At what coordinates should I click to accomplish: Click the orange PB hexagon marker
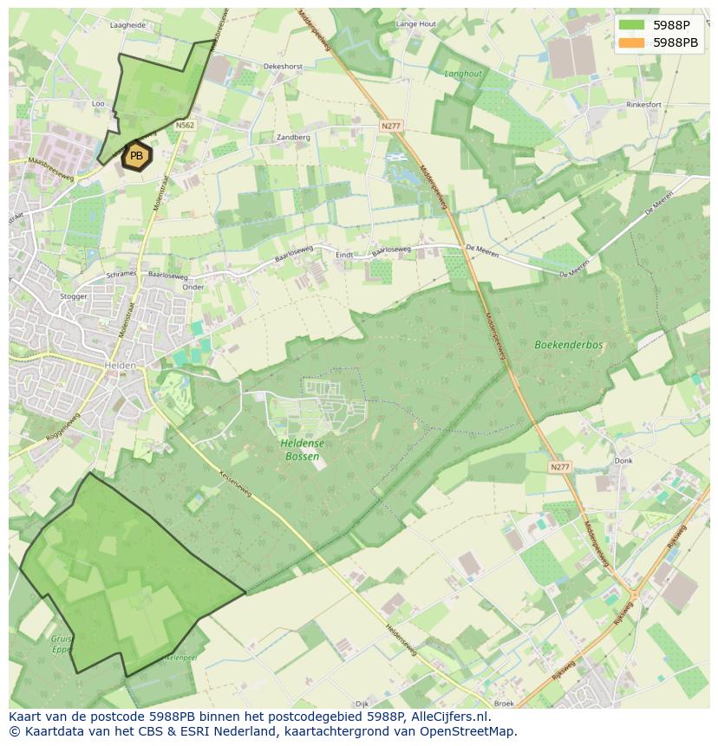coord(136,156)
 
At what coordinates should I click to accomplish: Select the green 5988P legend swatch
coord(632,24)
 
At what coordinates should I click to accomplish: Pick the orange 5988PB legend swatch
coord(632,42)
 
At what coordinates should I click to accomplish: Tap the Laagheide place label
coord(127,26)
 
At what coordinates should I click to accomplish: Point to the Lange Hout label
coord(415,24)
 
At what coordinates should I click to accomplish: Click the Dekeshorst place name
coord(283,66)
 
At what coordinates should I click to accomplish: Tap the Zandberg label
coord(293,137)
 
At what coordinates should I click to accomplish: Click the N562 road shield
coord(185,126)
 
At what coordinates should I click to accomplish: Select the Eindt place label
coord(344,255)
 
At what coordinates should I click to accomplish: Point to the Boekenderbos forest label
coord(568,345)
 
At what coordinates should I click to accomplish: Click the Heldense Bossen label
coord(302,450)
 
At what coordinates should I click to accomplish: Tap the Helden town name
coord(120,366)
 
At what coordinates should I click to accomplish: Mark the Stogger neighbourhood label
coord(74,296)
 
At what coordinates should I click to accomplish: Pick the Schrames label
coord(121,274)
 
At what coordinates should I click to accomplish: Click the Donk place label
coord(623,461)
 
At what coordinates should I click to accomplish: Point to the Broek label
coord(504,704)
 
